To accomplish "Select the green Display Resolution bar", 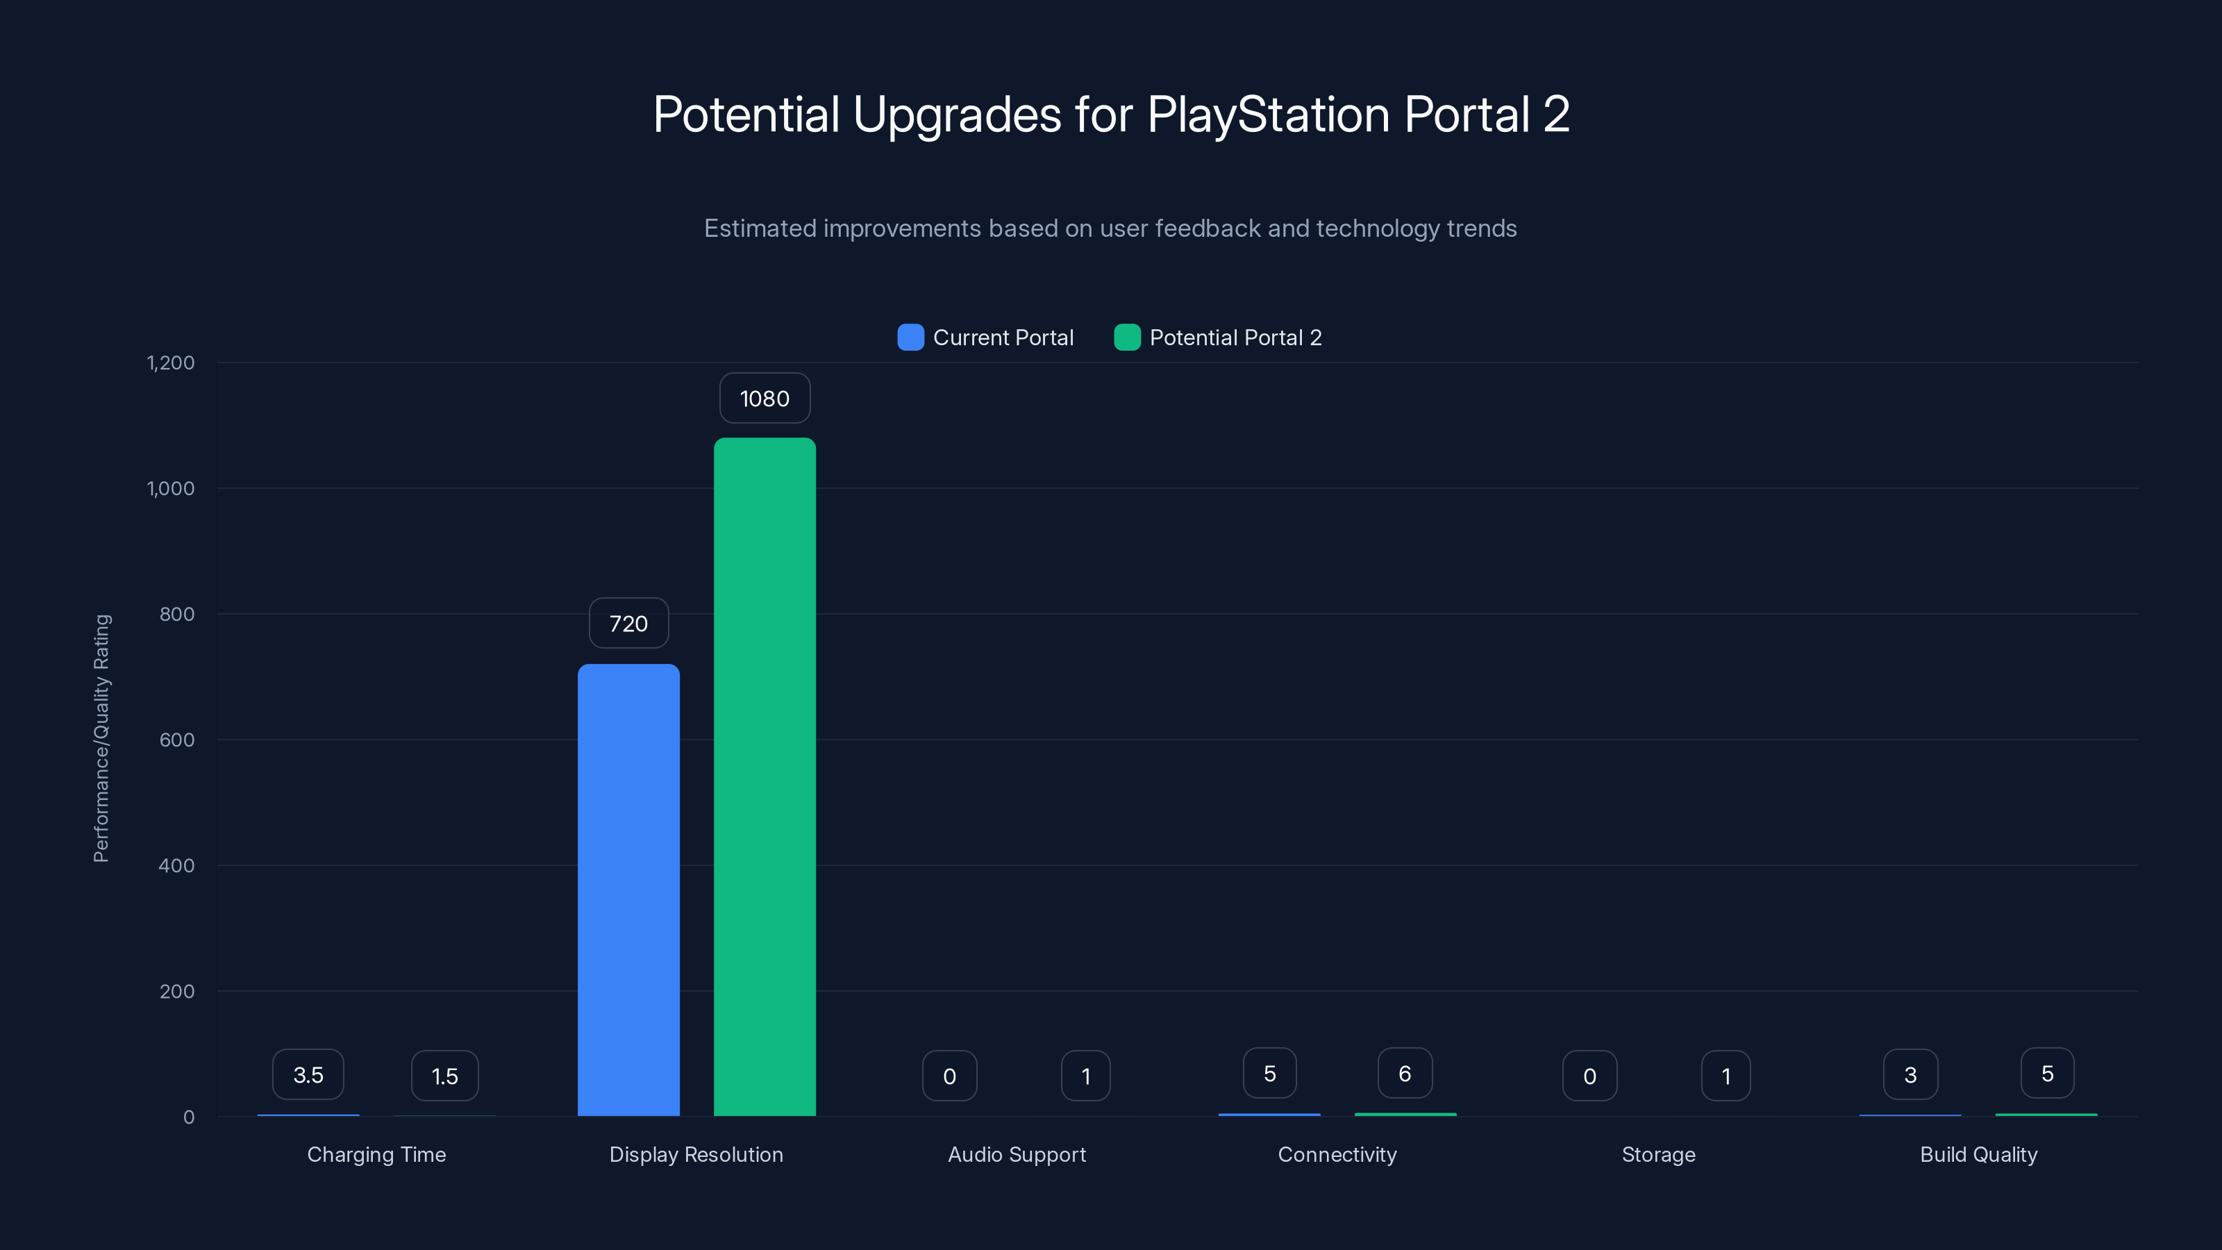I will pos(765,776).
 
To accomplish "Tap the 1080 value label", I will pos(765,399).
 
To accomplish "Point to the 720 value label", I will pos(628,624).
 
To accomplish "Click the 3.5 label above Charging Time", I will pos(308,1075).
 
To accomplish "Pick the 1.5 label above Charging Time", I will pos(444,1076).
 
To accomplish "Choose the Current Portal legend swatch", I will pos(910,337).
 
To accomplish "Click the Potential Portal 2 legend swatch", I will pos(1126,337).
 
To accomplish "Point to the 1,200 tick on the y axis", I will pos(171,362).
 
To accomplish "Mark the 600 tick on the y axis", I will pos(177,740).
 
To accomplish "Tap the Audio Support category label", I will pos(1016,1154).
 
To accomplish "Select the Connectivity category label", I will pos(1337,1154).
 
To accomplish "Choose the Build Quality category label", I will pos(1978,1154).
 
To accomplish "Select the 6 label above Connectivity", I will pos(1404,1073).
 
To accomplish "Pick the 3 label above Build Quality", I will pos(1910,1075).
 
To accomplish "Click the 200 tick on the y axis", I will pos(177,991).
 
